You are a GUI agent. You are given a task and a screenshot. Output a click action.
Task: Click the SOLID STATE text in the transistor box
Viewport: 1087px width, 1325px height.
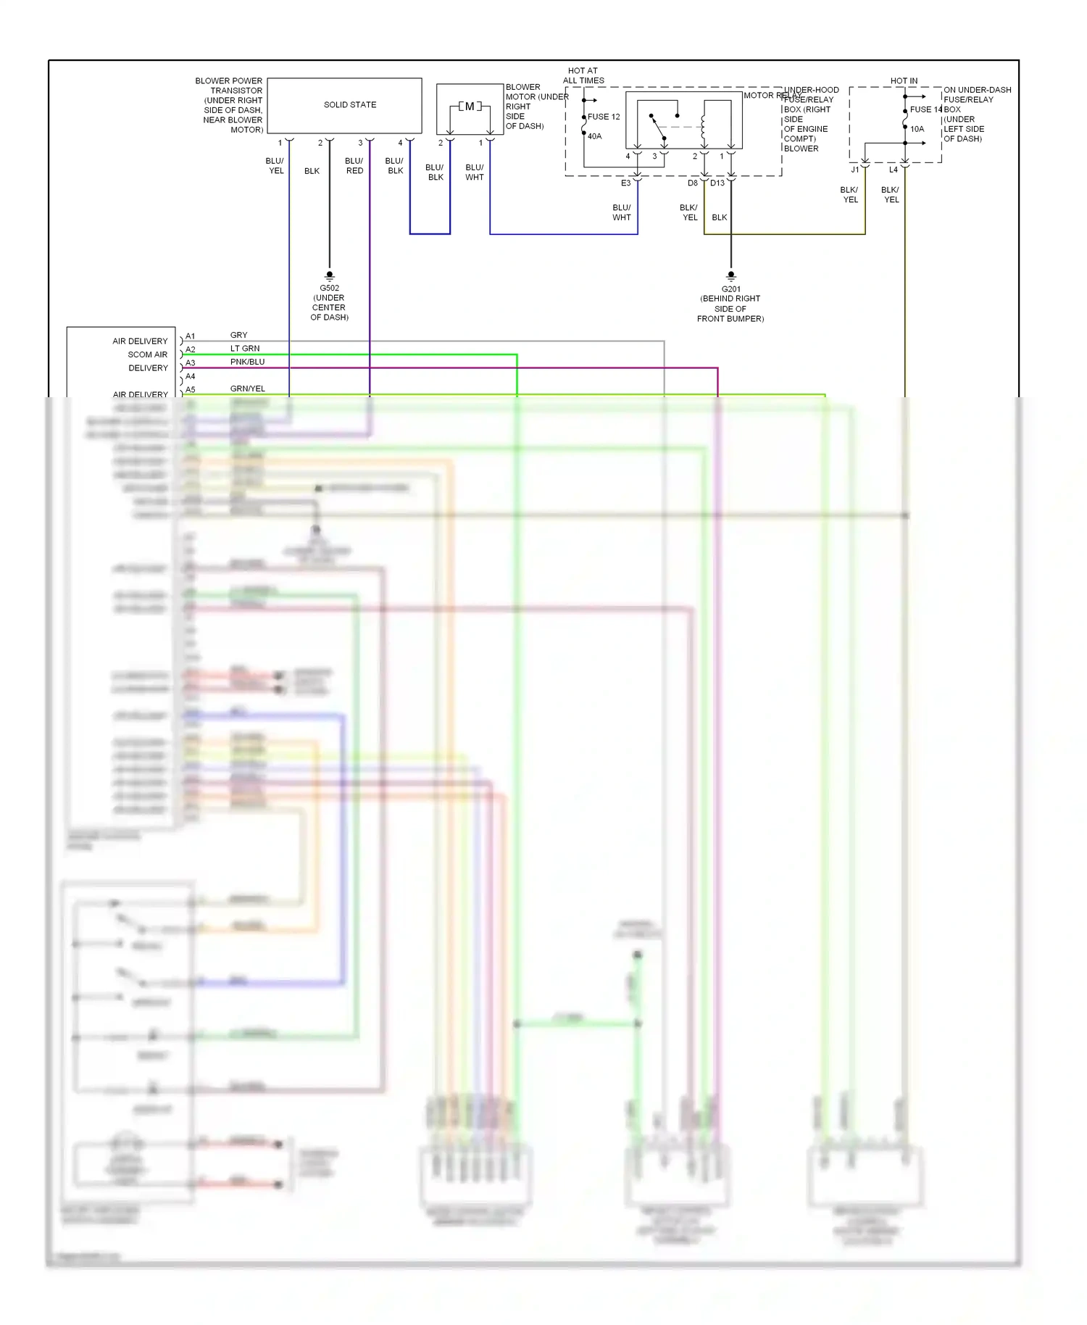pyautogui.click(x=350, y=105)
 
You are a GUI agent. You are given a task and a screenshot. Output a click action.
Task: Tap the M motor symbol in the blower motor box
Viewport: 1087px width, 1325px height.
pyautogui.click(x=470, y=107)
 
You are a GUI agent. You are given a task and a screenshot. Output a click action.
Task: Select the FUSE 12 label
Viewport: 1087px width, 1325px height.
pyautogui.click(x=604, y=117)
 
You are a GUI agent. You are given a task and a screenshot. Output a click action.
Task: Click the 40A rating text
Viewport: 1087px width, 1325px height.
pyautogui.click(x=594, y=136)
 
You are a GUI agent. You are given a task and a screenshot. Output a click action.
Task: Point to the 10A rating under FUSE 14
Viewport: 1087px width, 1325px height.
pyautogui.click(x=917, y=129)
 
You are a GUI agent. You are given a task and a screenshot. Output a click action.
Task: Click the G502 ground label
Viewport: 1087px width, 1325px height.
pyautogui.click(x=329, y=288)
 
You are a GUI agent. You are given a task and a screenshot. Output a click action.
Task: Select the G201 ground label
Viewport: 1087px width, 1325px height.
pyautogui.click(x=730, y=288)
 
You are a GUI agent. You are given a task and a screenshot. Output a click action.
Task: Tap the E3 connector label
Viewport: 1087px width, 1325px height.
pyautogui.click(x=625, y=183)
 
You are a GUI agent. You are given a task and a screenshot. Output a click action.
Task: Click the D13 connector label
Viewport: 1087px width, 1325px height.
pyautogui.click(x=717, y=183)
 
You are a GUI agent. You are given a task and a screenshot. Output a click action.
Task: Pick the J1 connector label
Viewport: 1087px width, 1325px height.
pyautogui.click(x=855, y=170)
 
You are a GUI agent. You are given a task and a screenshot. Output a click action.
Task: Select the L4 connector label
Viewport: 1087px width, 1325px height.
pyautogui.click(x=893, y=170)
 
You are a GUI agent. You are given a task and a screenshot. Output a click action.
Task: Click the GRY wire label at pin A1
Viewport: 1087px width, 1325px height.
pyautogui.click(x=238, y=335)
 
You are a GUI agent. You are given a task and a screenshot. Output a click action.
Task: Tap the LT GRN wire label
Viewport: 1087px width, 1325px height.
pyautogui.click(x=245, y=349)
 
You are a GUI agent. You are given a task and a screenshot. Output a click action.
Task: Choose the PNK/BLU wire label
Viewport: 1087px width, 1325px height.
pyautogui.click(x=247, y=362)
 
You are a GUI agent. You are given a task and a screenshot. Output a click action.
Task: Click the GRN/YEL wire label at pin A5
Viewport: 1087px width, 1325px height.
pyautogui.click(x=247, y=389)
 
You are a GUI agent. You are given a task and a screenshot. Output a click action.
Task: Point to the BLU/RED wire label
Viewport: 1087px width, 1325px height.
pyautogui.click(x=354, y=166)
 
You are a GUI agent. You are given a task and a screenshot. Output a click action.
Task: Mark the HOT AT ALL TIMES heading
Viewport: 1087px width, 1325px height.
pyautogui.click(x=583, y=75)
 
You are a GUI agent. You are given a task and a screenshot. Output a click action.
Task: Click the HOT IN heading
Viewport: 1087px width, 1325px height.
pyautogui.click(x=904, y=80)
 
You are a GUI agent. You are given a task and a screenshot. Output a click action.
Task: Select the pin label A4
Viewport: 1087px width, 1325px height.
pyautogui.click(x=190, y=376)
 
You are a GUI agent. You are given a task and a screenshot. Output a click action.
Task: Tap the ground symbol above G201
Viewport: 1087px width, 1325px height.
pyautogui.click(x=730, y=275)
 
